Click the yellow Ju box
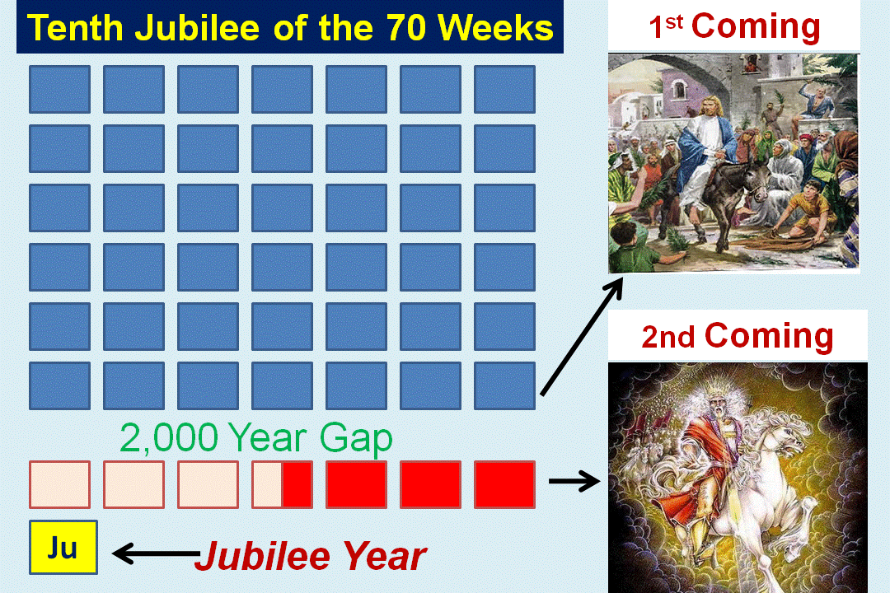point(63,547)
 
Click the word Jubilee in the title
point(197,27)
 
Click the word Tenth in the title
point(75,27)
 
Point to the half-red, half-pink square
point(282,484)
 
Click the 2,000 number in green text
point(169,437)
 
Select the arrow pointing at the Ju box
point(156,553)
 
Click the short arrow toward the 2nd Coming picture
point(574,482)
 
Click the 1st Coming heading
point(734,26)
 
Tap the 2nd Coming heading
point(738,336)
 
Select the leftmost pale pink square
point(59,484)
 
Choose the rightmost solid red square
point(504,484)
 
